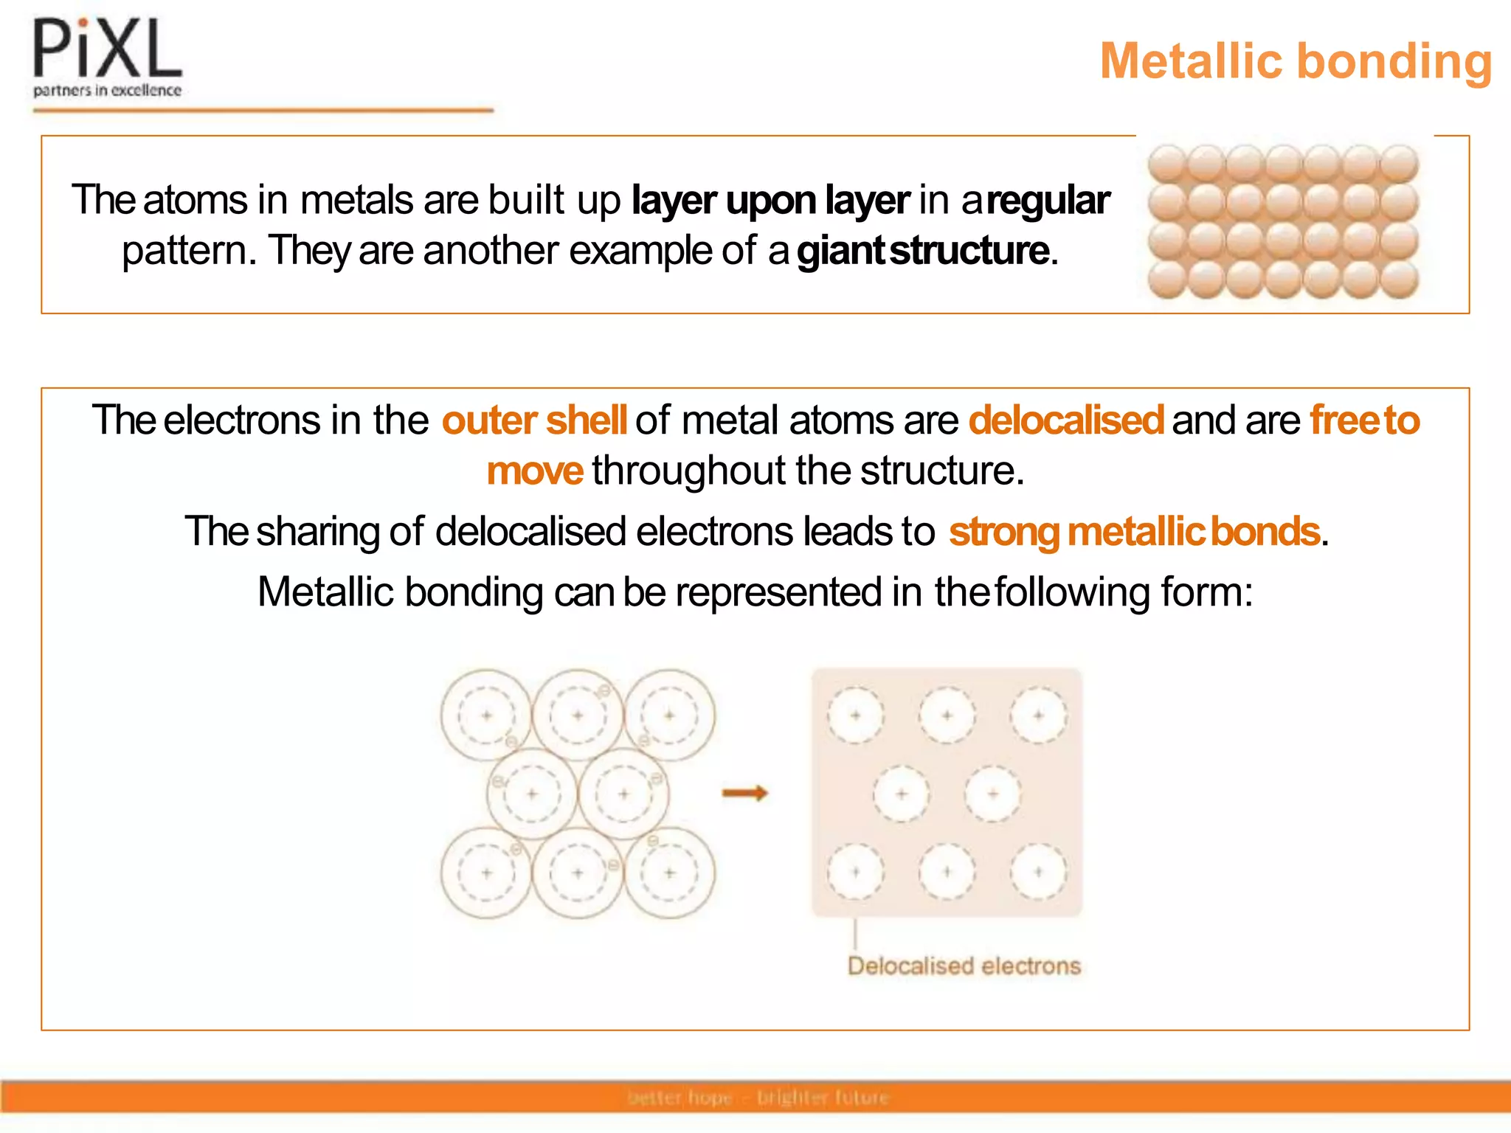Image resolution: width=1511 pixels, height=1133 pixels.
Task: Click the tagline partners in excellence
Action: click(108, 91)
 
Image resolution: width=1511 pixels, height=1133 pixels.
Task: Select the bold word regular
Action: click(1048, 200)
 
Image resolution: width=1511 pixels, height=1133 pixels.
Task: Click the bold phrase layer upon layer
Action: click(771, 200)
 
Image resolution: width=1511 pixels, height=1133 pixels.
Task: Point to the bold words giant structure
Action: click(922, 250)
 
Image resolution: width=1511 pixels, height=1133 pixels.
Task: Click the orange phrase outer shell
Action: click(534, 420)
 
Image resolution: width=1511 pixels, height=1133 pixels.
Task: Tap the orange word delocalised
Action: click(1066, 420)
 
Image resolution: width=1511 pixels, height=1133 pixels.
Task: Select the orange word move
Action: click(535, 471)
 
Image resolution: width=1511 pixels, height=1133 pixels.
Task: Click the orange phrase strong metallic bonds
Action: click(1134, 532)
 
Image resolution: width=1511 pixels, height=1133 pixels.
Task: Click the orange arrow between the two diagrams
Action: click(745, 794)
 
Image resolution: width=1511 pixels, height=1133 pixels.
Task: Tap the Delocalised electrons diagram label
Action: click(964, 966)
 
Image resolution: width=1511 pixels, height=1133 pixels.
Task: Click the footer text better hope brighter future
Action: click(758, 1098)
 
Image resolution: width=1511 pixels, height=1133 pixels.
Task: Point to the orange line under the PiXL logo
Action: click(263, 111)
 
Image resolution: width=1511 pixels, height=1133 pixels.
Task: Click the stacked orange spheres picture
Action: click(1283, 221)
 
